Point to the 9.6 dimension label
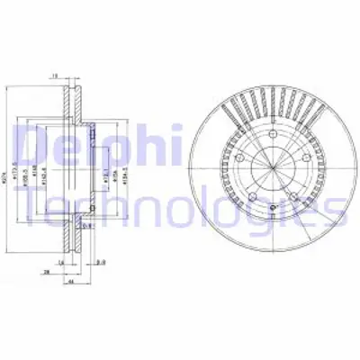[x=102, y=262]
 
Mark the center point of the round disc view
[x=270, y=169]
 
